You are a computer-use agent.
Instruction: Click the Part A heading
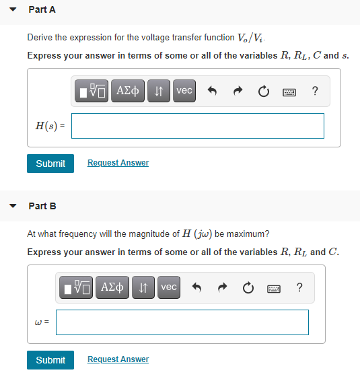point(42,10)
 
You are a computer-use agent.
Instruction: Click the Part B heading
point(42,206)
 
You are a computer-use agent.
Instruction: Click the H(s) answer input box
point(197,125)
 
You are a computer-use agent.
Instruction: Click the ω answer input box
point(182,322)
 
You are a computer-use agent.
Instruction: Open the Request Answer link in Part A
point(118,163)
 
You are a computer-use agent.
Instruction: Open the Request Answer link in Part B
point(118,359)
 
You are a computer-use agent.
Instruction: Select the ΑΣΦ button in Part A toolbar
point(129,91)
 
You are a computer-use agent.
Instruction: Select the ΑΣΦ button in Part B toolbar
point(113,287)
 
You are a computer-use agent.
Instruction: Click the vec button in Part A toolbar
point(184,91)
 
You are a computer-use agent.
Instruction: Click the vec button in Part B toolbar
point(169,287)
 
